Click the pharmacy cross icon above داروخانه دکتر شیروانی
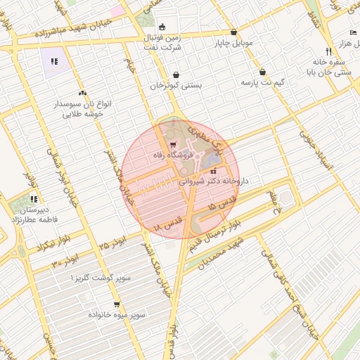tap(214, 170)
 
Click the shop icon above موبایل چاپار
tap(233, 32)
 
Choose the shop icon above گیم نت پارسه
tap(262, 72)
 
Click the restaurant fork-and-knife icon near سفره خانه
tap(328, 51)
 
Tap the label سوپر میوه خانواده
tap(117, 316)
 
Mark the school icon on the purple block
tap(54, 61)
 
